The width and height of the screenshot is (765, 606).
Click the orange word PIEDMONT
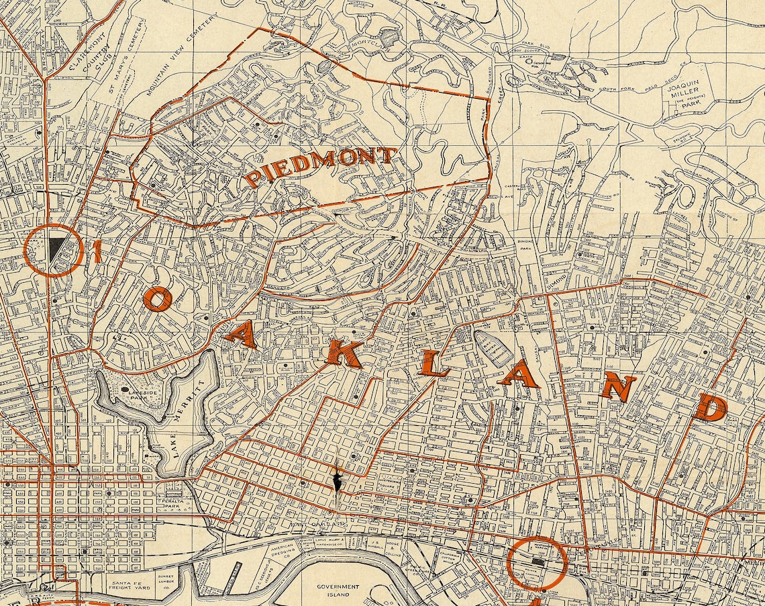coord(320,167)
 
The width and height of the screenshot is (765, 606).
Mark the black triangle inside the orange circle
coord(56,249)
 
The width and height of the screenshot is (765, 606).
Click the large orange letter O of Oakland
coord(156,300)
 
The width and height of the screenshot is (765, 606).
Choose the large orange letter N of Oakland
coord(618,387)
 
